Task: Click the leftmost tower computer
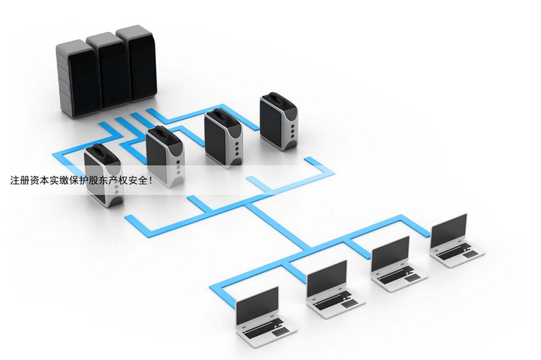pyautogui.click(x=103, y=175)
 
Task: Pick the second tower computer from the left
pyautogui.click(x=165, y=157)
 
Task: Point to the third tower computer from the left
pyautogui.click(x=224, y=138)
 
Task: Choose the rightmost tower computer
pyautogui.click(x=279, y=122)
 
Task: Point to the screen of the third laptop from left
pyautogui.click(x=390, y=253)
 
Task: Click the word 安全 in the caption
pyautogui.click(x=137, y=180)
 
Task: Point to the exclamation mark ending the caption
pyautogui.click(x=149, y=180)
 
